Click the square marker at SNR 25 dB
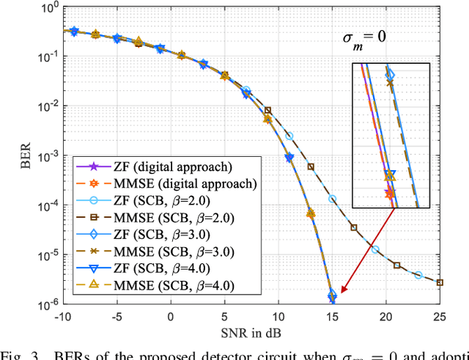(440, 282)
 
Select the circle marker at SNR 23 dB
(418, 275)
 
